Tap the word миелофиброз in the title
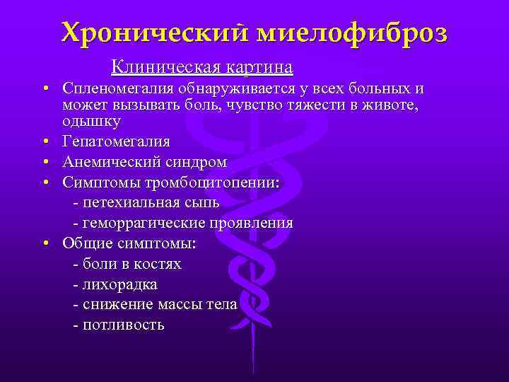coord(352,33)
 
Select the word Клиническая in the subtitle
coord(166,67)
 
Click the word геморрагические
coord(144,223)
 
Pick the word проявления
coord(251,223)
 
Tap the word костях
coord(158,264)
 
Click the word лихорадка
coord(120,284)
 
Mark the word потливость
coord(124,325)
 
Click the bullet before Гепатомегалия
coord(45,141)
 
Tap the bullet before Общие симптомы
coord(45,243)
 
